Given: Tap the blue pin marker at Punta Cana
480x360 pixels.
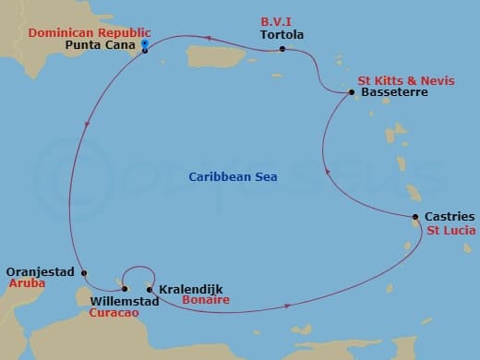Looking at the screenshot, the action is (146, 44).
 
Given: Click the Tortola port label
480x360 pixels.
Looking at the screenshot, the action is (282, 36).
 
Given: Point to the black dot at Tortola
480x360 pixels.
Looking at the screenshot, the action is (282, 49).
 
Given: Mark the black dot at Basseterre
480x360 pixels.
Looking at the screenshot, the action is (351, 92).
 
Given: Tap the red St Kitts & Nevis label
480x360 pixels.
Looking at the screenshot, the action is (406, 81).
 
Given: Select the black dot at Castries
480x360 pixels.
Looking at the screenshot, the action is (415, 218).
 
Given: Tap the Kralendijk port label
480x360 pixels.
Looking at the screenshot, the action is (191, 289).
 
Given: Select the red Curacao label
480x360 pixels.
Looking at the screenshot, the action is (114, 313).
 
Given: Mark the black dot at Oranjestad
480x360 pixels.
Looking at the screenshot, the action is (84, 272).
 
